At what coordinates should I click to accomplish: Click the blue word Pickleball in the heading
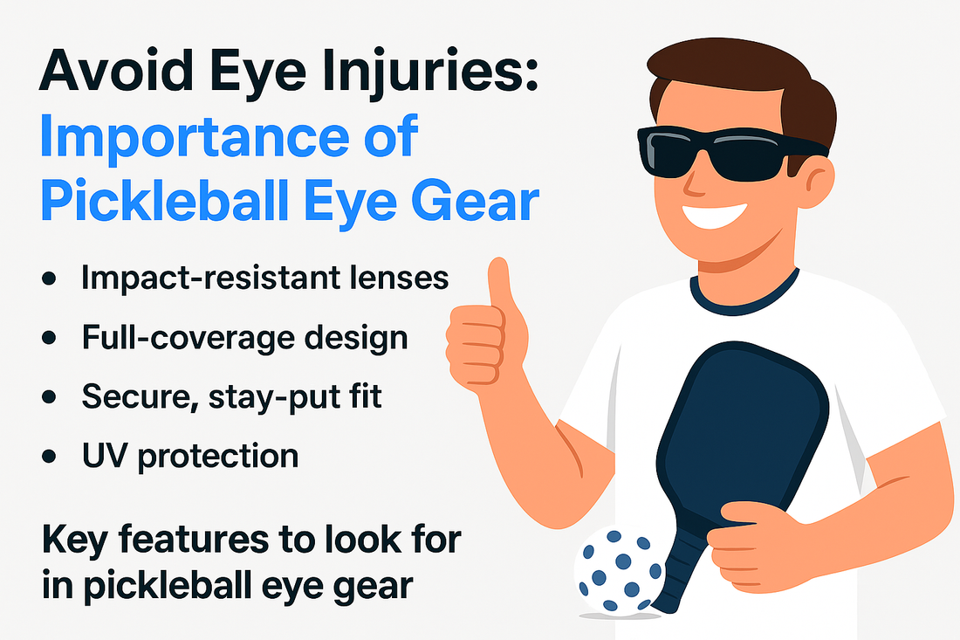[x=164, y=200]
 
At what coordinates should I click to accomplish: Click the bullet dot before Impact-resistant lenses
[x=49, y=279]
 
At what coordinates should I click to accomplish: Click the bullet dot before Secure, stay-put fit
[x=49, y=397]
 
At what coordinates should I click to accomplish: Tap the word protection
[x=218, y=458]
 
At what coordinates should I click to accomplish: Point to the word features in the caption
[x=194, y=540]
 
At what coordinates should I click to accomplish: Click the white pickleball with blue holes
[x=619, y=570]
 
